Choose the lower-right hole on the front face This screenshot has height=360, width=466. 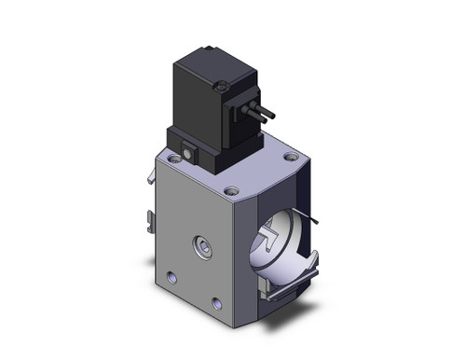coord(218,303)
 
